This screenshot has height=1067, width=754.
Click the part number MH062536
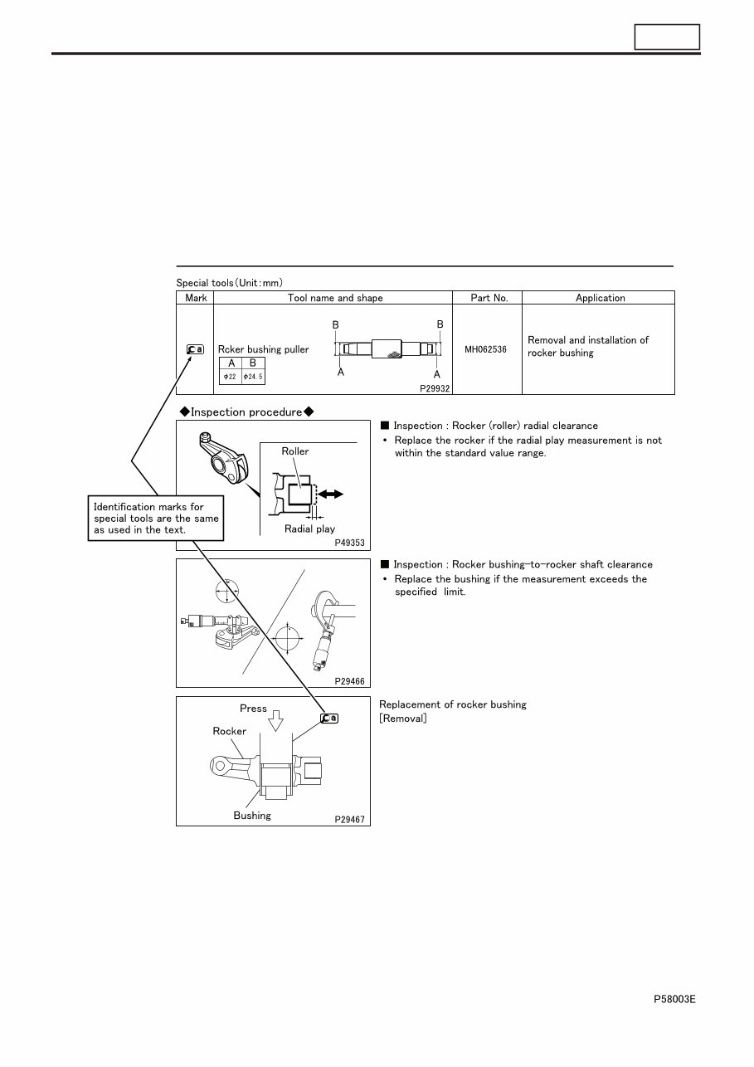pyautogui.click(x=486, y=350)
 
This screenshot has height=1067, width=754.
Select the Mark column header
pyautogui.click(x=196, y=298)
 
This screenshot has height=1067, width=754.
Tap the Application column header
pyautogui.click(x=600, y=298)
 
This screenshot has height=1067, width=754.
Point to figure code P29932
pyautogui.click(x=435, y=388)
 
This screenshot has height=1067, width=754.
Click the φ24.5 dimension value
pyautogui.click(x=253, y=377)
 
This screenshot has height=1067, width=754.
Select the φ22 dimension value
pyautogui.click(x=231, y=377)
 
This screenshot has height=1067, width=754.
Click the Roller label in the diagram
pyautogui.click(x=295, y=451)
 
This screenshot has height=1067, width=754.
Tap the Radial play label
pyautogui.click(x=309, y=529)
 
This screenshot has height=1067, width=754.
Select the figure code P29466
pyautogui.click(x=350, y=680)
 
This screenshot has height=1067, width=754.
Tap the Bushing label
pyautogui.click(x=252, y=816)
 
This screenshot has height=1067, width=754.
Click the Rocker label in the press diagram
pyautogui.click(x=230, y=731)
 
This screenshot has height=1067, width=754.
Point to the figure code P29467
pyautogui.click(x=350, y=819)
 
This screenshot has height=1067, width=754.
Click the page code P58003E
pyautogui.click(x=674, y=1000)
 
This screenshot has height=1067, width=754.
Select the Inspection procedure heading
pyautogui.click(x=247, y=412)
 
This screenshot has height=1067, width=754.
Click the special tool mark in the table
pyautogui.click(x=196, y=350)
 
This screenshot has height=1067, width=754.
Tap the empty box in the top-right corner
pyautogui.click(x=667, y=37)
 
